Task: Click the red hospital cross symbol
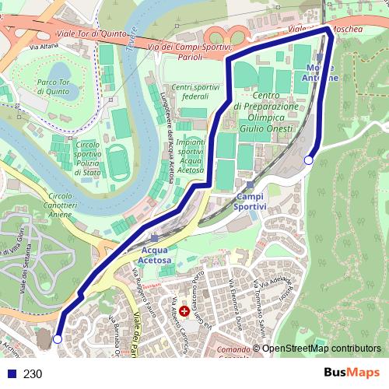[184, 310]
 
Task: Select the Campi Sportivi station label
[251, 202]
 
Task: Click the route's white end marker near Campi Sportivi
[309, 160]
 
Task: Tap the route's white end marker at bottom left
[57, 339]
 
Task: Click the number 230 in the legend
[33, 373]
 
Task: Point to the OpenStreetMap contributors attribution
[321, 349]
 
